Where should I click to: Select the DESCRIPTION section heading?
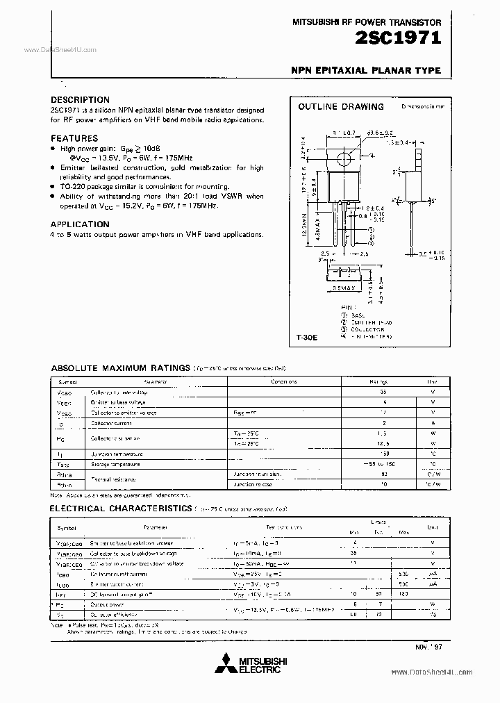80,100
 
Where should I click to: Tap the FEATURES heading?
74,138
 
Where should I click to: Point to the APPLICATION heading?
80,224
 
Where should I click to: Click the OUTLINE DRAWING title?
340,107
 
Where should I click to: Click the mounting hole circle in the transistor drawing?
343,158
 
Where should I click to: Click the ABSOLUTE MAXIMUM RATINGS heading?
121,367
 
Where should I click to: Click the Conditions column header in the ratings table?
284,381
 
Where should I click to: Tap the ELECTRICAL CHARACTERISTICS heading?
122,509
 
